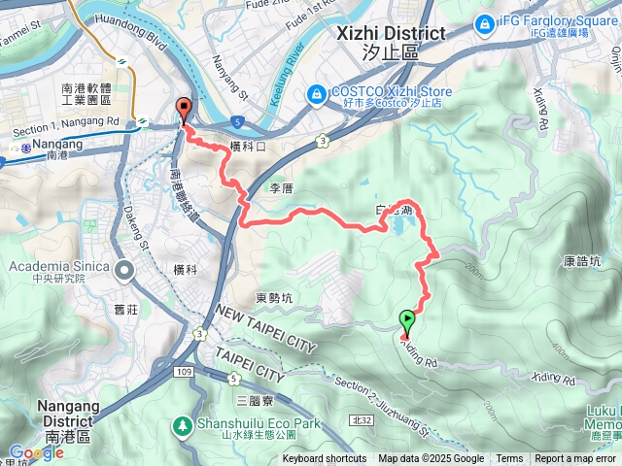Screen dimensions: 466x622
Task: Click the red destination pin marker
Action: [x=182, y=110]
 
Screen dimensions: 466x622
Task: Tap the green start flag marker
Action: [x=406, y=319]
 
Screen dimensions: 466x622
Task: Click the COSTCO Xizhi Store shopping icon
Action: [x=316, y=94]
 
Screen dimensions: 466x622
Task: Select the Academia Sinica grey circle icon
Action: [x=124, y=269]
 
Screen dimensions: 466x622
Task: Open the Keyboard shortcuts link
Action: [x=325, y=459]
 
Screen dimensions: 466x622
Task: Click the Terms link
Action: [x=509, y=459]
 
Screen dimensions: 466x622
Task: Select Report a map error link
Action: [x=575, y=459]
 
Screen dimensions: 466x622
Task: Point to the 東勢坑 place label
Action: [x=273, y=298]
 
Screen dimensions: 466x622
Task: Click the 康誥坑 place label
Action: [x=580, y=260]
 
